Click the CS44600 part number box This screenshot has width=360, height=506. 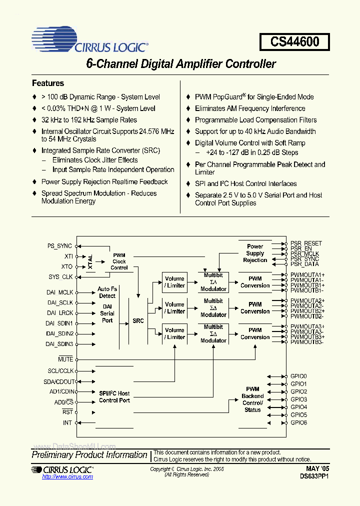tap(294, 41)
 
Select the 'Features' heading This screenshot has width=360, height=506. tap(48, 83)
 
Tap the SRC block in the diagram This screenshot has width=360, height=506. tap(138, 320)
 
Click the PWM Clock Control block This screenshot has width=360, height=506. tap(119, 261)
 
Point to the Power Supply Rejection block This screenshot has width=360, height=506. tap(255, 253)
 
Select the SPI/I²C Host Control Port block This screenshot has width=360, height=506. tap(114, 397)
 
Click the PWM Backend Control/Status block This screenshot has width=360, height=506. tap(252, 399)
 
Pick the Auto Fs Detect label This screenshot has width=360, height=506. tap(107, 292)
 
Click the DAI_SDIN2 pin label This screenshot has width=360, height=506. tap(60, 333)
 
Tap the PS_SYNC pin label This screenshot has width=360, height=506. tap(59, 246)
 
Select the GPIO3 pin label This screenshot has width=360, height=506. tap(298, 399)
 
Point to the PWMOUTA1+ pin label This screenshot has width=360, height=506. tap(307, 274)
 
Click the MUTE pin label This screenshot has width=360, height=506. tap(65, 359)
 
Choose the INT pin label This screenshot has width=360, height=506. tap(67, 423)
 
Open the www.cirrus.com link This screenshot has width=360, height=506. tap(67, 476)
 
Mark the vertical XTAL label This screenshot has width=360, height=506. tap(90, 261)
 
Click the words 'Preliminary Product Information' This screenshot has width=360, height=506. tap(89, 454)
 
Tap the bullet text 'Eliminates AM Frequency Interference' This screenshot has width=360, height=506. tap(250, 108)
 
